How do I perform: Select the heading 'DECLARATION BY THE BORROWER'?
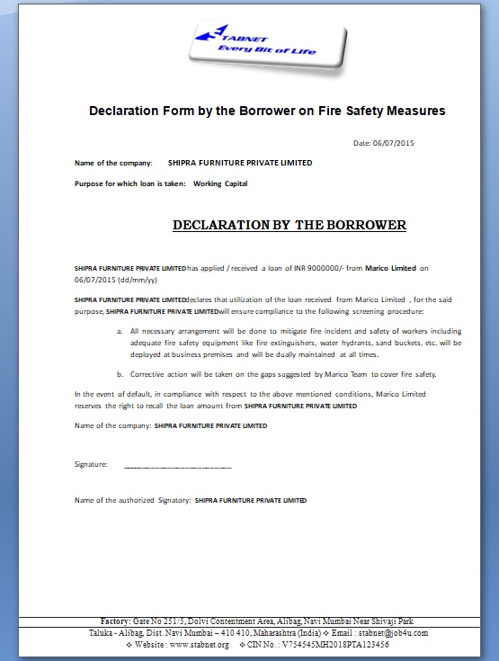point(289,225)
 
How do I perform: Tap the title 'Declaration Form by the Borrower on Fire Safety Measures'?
point(266,112)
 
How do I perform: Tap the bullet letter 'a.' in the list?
point(120,332)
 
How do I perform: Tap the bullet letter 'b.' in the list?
point(120,373)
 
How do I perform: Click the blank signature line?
point(177,467)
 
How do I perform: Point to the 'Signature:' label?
point(91,465)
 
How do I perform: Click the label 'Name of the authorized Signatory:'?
point(131,499)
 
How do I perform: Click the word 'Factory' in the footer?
point(117,621)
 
